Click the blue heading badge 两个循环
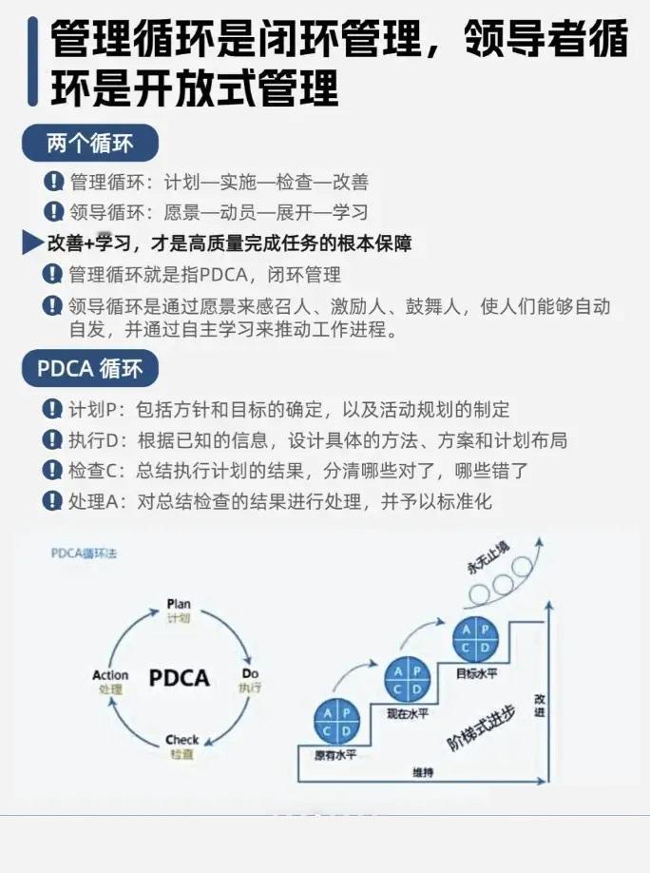(89, 145)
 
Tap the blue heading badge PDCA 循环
(89, 368)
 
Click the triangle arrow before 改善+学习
(32, 243)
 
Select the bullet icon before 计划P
(53, 410)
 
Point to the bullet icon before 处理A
(53, 501)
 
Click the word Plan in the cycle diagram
(179, 604)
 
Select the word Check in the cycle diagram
(182, 740)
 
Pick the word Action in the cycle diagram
(110, 675)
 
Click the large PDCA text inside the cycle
(179, 678)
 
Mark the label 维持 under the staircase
(423, 772)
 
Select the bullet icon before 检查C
(53, 471)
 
